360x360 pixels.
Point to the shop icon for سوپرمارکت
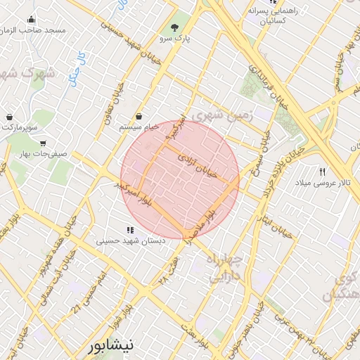point(9,117)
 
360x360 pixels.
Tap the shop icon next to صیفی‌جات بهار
point(44,142)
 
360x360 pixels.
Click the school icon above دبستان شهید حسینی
point(129,229)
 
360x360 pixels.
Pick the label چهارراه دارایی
point(224,269)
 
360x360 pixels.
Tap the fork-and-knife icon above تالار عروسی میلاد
point(323,172)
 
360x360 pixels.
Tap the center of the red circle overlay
point(180,180)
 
